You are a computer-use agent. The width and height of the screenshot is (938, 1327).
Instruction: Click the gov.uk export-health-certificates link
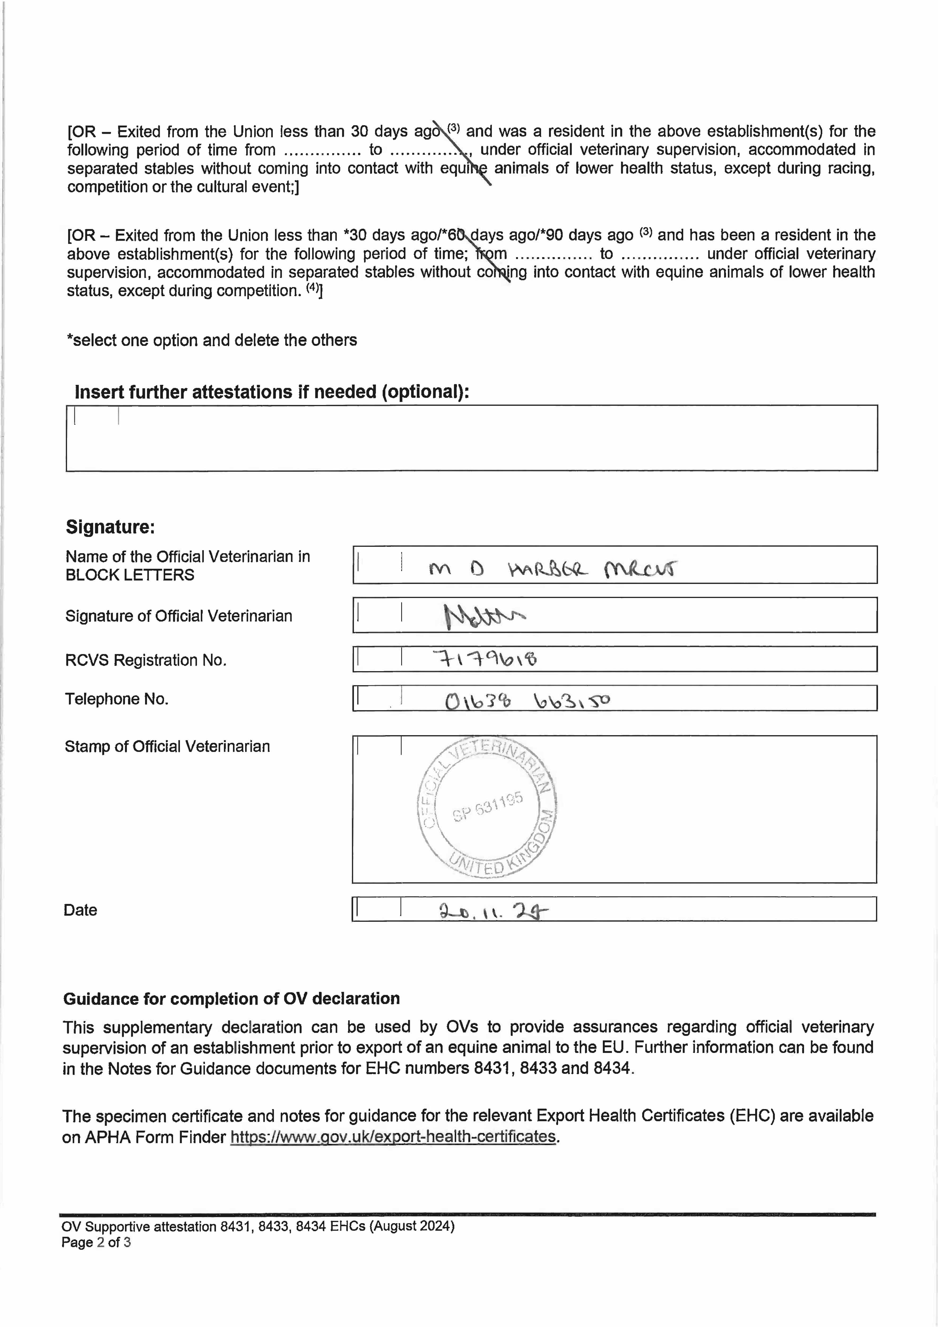pyautogui.click(x=393, y=1137)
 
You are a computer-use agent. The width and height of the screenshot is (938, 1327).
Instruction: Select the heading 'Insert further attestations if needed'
pyautogui.click(x=272, y=392)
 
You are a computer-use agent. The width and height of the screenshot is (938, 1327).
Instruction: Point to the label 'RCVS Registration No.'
pyautogui.click(x=146, y=660)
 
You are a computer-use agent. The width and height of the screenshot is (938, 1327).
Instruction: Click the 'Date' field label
pyautogui.click(x=80, y=910)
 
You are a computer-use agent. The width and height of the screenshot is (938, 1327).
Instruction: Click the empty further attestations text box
pyautogui.click(x=471, y=438)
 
